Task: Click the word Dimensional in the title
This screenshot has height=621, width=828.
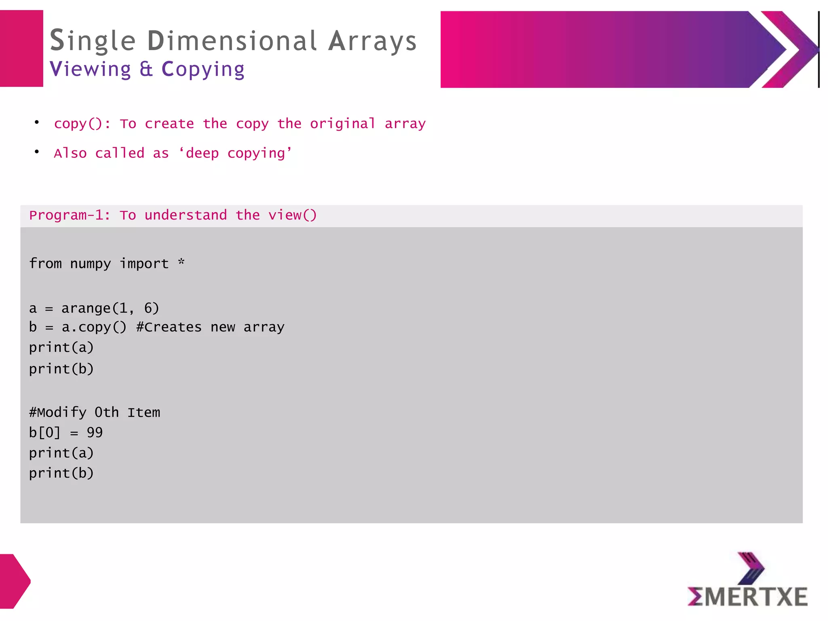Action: tap(232, 41)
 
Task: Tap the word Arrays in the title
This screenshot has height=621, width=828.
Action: tap(372, 42)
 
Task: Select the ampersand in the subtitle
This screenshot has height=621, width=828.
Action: tap(146, 69)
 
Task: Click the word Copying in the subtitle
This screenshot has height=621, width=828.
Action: tap(203, 70)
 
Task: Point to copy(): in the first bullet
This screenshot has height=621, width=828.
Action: tap(82, 124)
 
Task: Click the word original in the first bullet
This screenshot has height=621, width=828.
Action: tap(343, 124)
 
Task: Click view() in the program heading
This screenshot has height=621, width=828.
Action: tap(293, 215)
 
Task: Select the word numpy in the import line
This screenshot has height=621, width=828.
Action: tap(90, 264)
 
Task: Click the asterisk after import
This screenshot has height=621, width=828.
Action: tap(181, 262)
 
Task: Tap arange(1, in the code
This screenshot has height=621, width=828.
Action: tap(98, 308)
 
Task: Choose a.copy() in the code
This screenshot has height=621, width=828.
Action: tap(94, 327)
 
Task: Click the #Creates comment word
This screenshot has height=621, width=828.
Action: tap(169, 327)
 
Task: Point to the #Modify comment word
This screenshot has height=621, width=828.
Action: tap(57, 412)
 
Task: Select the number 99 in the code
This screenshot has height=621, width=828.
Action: tap(95, 433)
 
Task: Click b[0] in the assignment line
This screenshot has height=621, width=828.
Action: tap(44, 433)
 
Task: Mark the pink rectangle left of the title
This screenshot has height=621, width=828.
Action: tap(21, 49)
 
